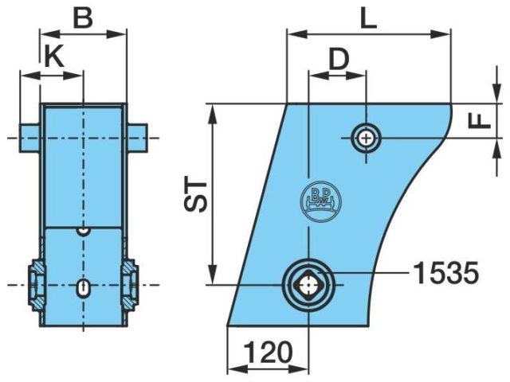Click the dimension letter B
83,18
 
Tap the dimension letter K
54,57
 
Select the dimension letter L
368,19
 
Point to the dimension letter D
339,60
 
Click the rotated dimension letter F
479,122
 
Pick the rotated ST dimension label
196,197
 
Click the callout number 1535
446,273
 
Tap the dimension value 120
268,352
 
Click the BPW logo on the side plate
320,200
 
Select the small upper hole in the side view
367,139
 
